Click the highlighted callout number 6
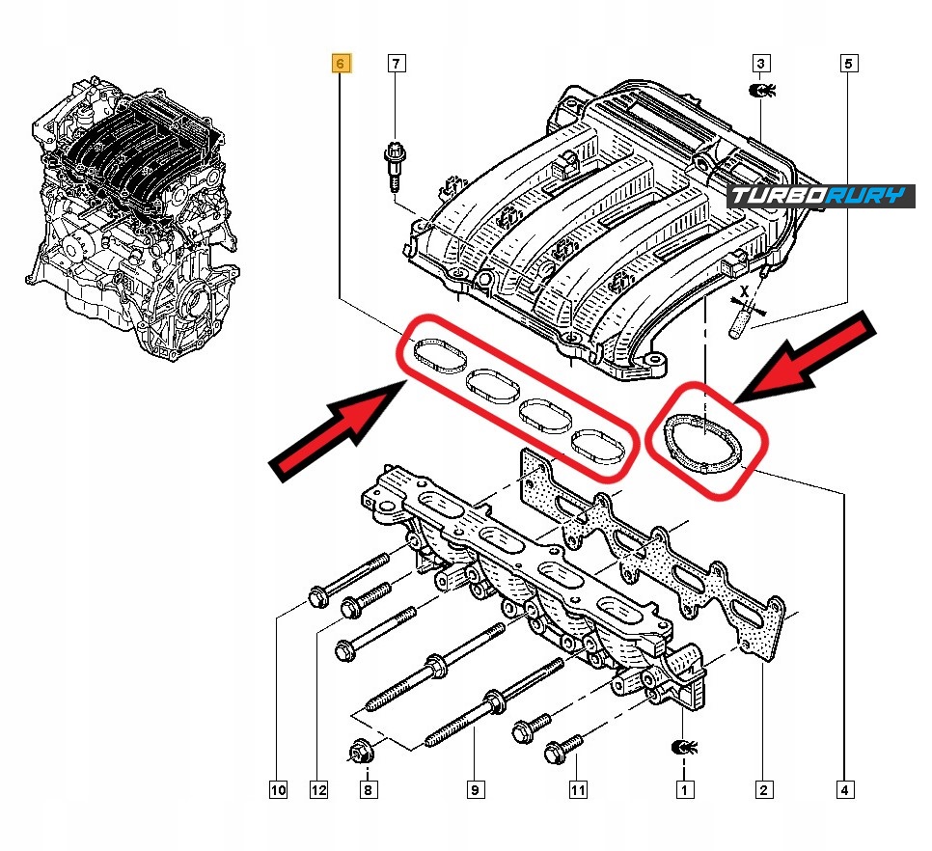341,65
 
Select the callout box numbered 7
396,65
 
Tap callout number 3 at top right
761,65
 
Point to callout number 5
848,65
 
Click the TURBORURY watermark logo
820,196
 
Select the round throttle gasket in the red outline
703,441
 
